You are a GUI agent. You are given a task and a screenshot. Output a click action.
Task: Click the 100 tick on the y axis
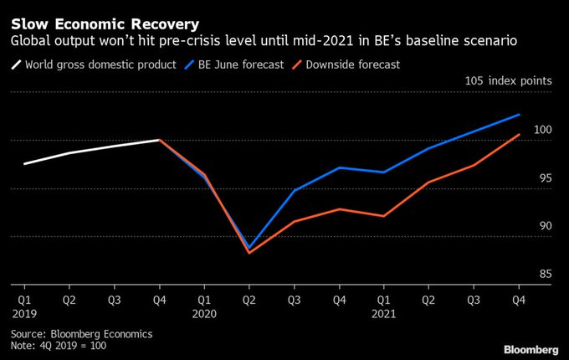[x=543, y=130]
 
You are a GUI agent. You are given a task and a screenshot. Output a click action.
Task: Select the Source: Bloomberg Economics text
[x=81, y=333]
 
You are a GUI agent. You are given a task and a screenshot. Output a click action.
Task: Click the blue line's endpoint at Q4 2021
[x=520, y=115]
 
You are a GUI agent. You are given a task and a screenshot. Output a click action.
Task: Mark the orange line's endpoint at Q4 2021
[x=520, y=135]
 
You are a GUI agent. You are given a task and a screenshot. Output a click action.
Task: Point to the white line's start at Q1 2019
[x=24, y=164]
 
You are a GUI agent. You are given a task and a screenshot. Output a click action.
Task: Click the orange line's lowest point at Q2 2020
[x=249, y=253]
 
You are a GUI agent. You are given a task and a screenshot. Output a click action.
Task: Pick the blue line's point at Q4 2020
[x=339, y=167]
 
